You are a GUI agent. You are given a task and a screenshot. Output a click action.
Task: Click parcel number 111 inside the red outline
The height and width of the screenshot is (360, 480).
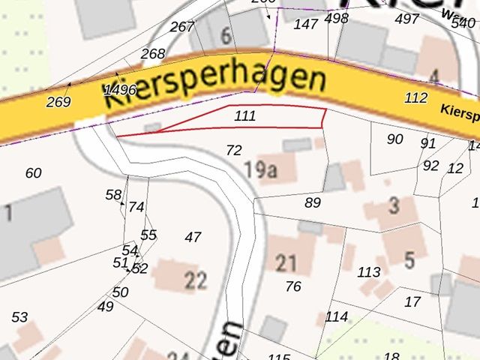pyautogui.click(x=245, y=116)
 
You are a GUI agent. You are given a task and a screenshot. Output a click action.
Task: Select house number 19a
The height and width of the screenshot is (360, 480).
pyautogui.click(x=260, y=170)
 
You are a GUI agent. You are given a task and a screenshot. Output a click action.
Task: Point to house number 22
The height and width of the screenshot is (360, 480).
pyautogui.click(x=196, y=280)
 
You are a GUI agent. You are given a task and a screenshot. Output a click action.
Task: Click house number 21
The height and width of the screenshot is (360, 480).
pyautogui.click(x=286, y=263)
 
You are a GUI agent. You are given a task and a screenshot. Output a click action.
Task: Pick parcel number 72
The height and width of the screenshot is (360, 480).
pyautogui.click(x=234, y=150)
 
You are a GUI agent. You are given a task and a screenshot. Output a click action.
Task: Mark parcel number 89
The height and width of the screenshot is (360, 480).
pyautogui.click(x=313, y=202)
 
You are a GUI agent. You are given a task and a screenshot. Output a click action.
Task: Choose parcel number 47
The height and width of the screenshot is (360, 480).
pyautogui.click(x=193, y=237)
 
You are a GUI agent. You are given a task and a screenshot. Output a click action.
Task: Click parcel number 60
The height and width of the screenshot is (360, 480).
pyautogui.click(x=33, y=173)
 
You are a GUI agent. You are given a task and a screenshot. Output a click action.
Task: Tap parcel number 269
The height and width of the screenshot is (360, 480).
pyautogui.click(x=58, y=102)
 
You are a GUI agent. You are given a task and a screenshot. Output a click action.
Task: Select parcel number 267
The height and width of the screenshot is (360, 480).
pyautogui.click(x=182, y=27)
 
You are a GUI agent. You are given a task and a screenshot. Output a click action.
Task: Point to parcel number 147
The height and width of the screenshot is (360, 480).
pyautogui.click(x=306, y=24)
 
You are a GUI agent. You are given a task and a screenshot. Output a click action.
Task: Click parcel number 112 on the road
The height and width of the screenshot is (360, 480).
pyautogui.click(x=415, y=97)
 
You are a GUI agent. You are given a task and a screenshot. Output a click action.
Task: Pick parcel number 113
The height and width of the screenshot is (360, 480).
pyautogui.click(x=369, y=271)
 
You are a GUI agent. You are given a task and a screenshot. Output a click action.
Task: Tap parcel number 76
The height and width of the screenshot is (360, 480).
pyautogui.click(x=293, y=286)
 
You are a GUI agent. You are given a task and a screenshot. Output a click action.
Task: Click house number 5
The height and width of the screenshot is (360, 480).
pyautogui.click(x=409, y=261)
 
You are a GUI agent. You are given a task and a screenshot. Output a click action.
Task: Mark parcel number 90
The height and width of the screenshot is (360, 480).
pyautogui.click(x=395, y=139)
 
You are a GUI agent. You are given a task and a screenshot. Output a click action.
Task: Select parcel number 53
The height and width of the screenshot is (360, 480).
pyautogui.click(x=19, y=317)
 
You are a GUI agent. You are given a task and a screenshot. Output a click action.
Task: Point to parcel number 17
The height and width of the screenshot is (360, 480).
pyautogui.click(x=412, y=302)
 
